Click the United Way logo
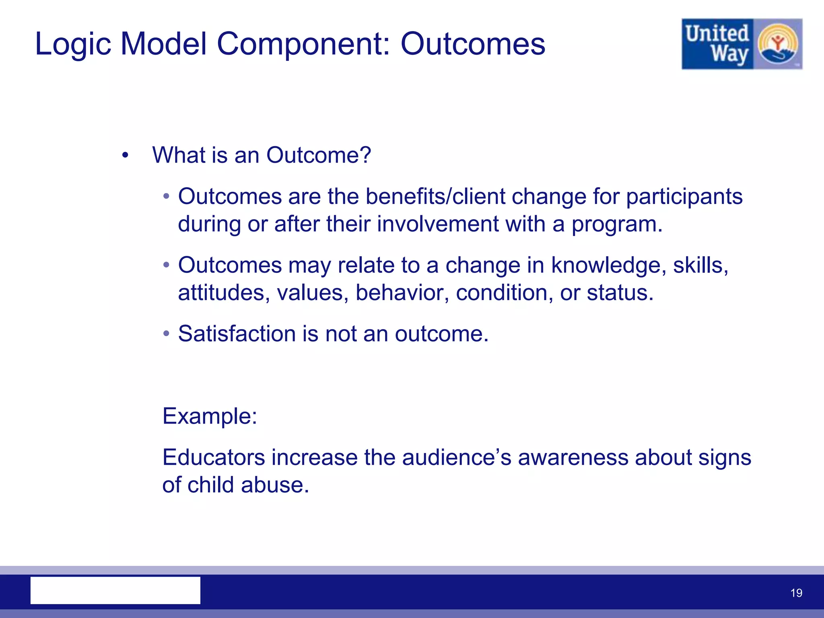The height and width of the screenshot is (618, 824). (x=742, y=44)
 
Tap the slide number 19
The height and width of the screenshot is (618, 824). (x=796, y=593)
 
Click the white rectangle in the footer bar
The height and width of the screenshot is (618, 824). (x=115, y=590)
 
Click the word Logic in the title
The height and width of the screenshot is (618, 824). (x=73, y=44)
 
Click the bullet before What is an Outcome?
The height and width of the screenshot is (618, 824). (x=125, y=155)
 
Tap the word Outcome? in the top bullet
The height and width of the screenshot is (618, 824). (x=318, y=155)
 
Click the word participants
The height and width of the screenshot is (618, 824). (x=684, y=197)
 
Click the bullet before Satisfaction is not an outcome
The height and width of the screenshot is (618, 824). (x=166, y=334)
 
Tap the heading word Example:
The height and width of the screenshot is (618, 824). (x=210, y=416)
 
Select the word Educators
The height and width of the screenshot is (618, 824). (x=214, y=457)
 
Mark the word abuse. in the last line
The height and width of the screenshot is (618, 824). (x=275, y=485)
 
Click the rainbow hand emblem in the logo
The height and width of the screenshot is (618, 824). (x=777, y=44)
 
